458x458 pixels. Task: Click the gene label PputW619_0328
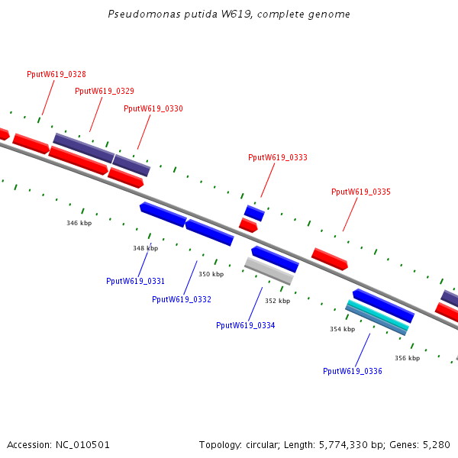(56, 74)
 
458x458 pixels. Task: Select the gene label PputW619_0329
(105, 91)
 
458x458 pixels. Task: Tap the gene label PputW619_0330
(153, 108)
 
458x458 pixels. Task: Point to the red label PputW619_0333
(278, 157)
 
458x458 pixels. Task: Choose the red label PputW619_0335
(361, 192)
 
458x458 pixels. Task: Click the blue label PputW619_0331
(136, 281)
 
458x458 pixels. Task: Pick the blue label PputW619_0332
(182, 299)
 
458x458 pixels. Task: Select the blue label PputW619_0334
(246, 325)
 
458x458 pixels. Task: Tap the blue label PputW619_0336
(353, 371)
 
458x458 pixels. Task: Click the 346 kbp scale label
(79, 223)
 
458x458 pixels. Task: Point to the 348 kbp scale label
(145, 248)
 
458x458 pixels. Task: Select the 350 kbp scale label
(211, 274)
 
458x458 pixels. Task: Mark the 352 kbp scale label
(277, 301)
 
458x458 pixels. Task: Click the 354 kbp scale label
(342, 329)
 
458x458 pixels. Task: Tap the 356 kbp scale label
(407, 357)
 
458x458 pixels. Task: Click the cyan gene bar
(378, 316)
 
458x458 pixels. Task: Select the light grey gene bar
(269, 270)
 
